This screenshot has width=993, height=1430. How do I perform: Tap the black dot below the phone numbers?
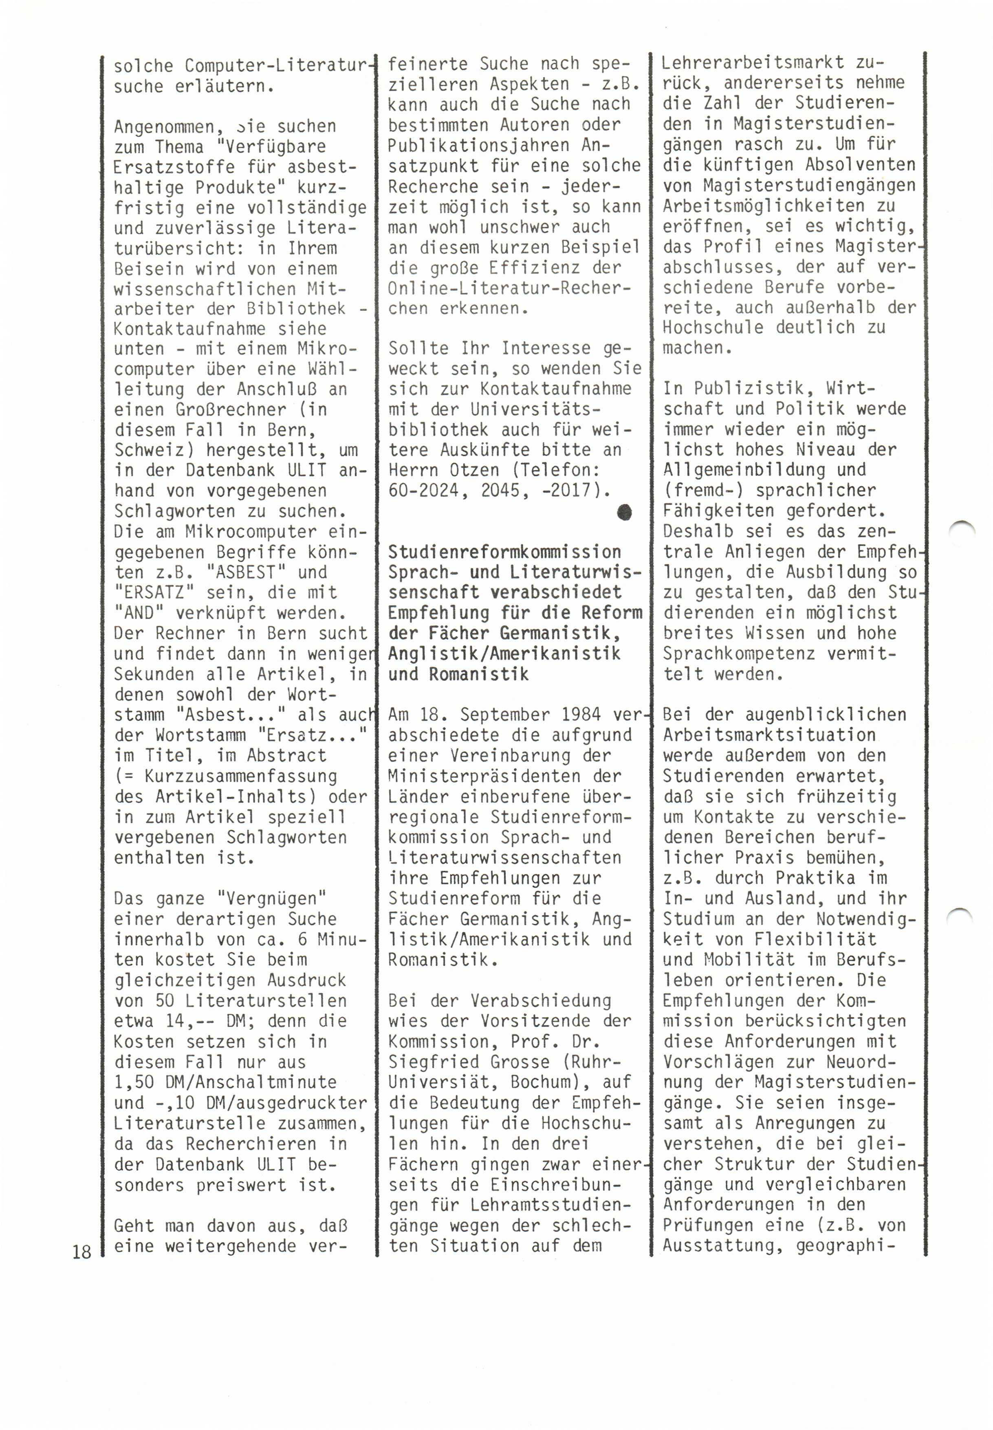pyautogui.click(x=624, y=512)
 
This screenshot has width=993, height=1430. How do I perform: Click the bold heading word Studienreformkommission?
pyautogui.click(x=504, y=552)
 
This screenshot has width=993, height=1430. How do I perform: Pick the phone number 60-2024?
pyautogui.click(x=429, y=491)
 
